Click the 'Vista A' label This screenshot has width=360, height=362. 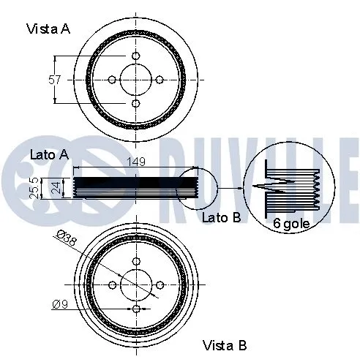49,29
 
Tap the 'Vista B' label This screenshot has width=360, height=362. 224,344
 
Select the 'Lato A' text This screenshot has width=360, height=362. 49,154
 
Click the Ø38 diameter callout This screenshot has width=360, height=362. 67,238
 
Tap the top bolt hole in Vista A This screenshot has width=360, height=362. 136,56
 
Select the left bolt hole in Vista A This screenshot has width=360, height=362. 112,80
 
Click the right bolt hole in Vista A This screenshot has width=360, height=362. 160,80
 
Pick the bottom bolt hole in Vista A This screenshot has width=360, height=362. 136,103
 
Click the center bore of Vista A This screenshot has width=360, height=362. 136,80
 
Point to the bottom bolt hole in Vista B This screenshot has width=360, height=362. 136,309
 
